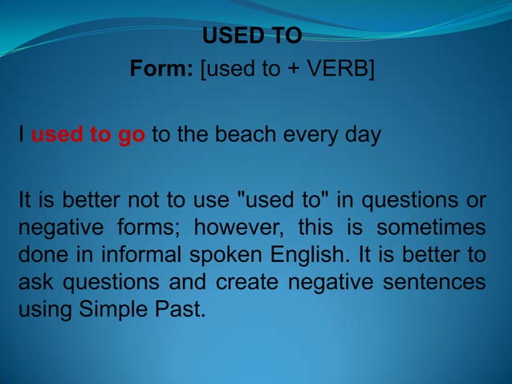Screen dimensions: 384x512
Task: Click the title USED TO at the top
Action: tap(252, 37)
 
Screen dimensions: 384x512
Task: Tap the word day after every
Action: tap(360, 134)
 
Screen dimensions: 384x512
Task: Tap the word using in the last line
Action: tap(45, 310)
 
